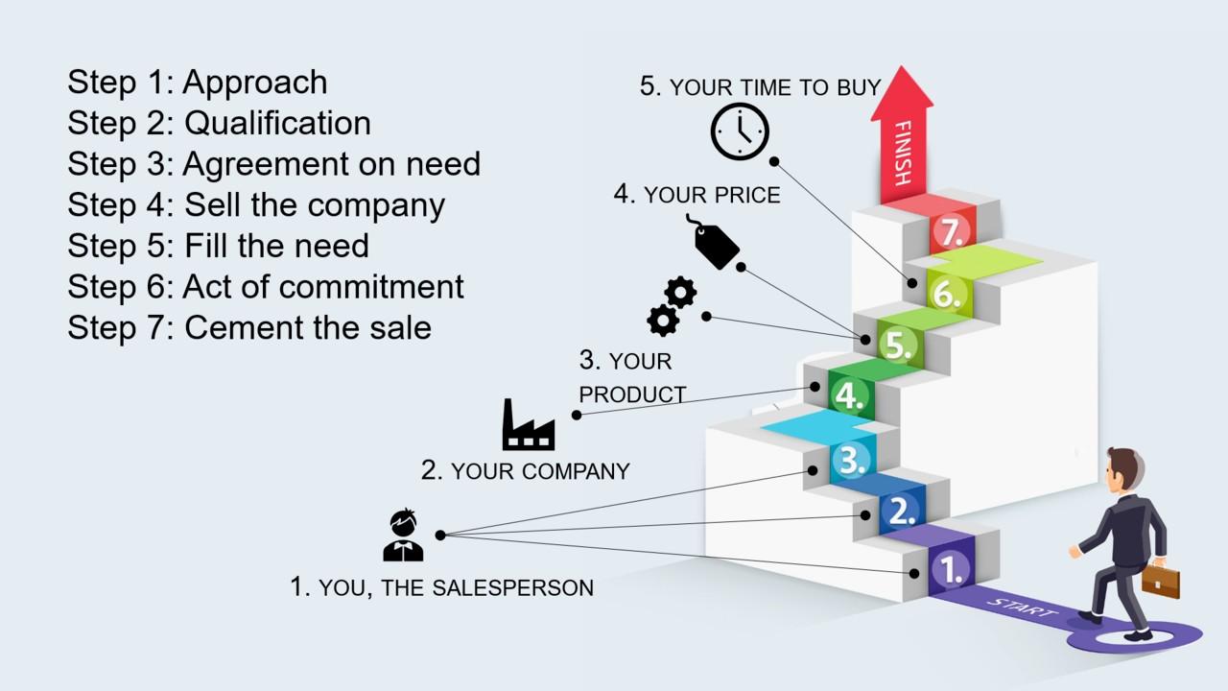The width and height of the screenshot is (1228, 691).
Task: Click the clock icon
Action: [740, 131]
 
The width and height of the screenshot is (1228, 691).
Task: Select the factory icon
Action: [529, 424]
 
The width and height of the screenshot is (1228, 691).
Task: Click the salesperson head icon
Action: [404, 535]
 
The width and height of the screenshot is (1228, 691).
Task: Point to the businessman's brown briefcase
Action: [1161, 582]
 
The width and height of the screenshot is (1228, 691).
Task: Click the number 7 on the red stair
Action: [951, 232]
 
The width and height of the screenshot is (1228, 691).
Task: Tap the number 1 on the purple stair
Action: [951, 569]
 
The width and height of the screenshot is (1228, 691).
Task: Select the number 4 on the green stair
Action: [849, 395]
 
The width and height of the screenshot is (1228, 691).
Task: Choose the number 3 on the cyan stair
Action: [852, 460]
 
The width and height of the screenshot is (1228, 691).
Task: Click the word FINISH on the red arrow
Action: [903, 153]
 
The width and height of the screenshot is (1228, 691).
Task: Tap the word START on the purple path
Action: [1022, 608]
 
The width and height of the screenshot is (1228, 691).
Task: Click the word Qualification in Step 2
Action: [277, 123]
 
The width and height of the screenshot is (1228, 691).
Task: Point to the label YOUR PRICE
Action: [712, 195]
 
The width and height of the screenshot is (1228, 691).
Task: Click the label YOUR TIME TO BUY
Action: [775, 87]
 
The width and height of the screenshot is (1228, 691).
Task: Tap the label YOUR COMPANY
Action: [540, 471]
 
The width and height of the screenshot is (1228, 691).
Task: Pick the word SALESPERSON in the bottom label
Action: [512, 588]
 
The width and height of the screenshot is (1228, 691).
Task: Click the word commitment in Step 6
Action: [371, 287]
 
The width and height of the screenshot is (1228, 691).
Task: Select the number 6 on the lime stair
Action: [947, 295]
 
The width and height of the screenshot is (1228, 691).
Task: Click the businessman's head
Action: [1122, 469]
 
